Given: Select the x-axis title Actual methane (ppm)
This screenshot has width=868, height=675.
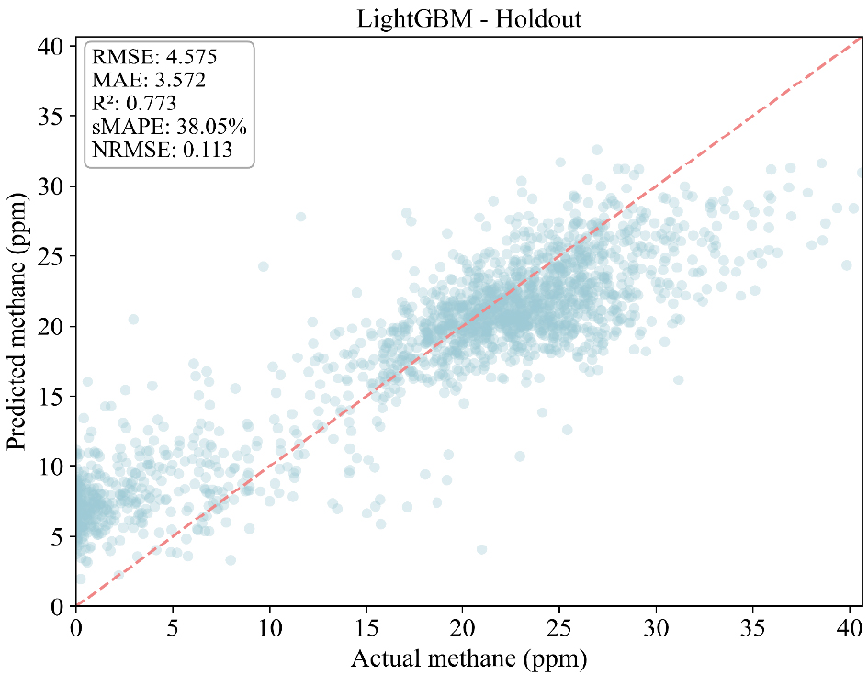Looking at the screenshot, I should (x=469, y=658).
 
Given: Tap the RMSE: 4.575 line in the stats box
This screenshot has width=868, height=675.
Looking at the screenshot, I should (x=154, y=57).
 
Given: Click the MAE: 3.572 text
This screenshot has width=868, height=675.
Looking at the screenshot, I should (x=148, y=80).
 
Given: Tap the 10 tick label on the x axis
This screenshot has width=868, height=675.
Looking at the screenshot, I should (x=269, y=627).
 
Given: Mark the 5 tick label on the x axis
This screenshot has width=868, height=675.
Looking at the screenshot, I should (x=173, y=627).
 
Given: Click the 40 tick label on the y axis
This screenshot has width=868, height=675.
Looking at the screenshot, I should (x=53, y=46).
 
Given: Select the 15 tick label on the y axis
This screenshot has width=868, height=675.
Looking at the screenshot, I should (x=53, y=396).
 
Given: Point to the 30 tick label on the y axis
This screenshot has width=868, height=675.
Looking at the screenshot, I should (x=53, y=186).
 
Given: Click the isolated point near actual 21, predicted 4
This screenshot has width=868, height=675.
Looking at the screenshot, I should (x=481, y=549).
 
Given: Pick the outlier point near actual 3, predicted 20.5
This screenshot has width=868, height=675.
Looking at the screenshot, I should (x=133, y=319).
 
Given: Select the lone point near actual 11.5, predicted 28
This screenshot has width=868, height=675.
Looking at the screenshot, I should (x=300, y=217).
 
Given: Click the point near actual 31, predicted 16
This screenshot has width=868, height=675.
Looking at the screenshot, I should (x=678, y=379).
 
